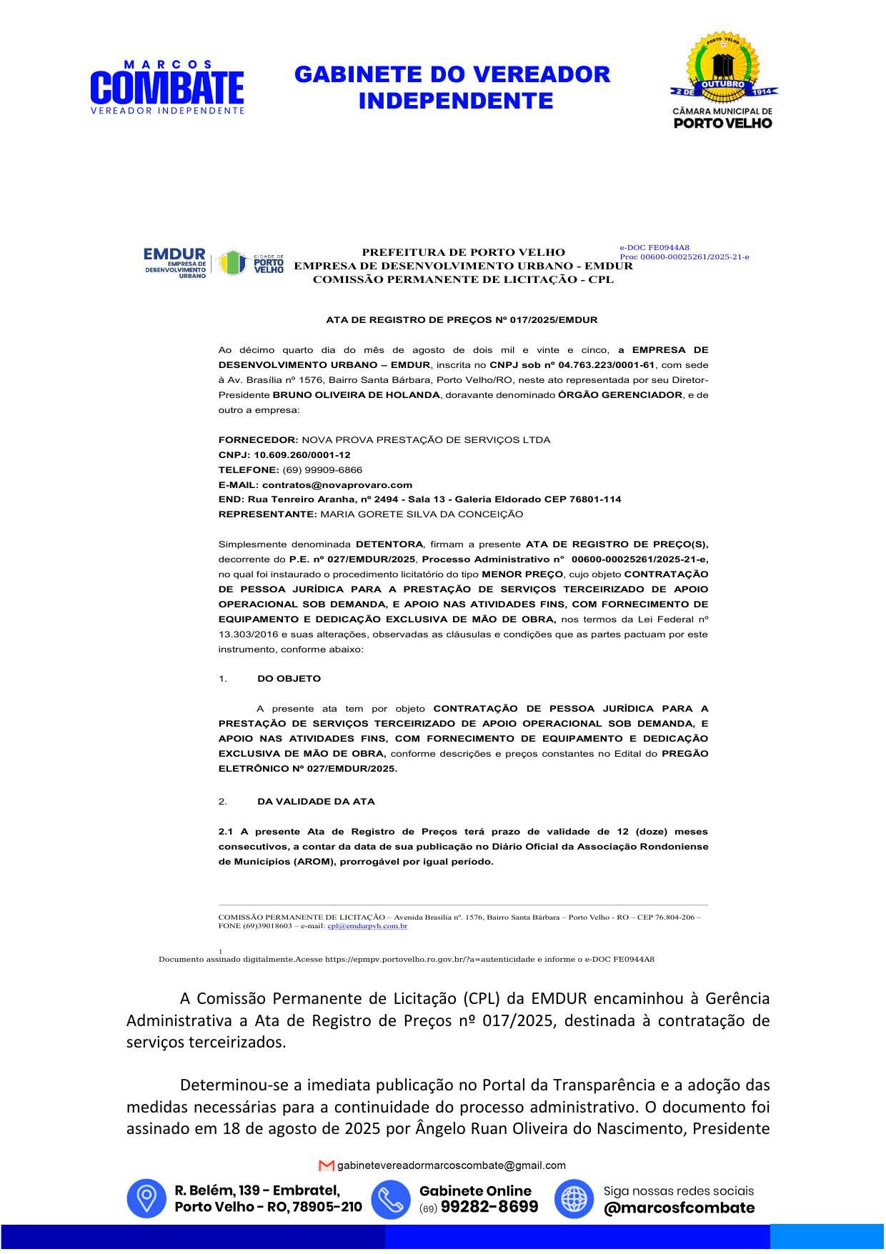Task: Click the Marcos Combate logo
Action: (167, 87)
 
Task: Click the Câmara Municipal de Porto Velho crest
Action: (723, 80)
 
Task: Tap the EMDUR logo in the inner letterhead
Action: (175, 262)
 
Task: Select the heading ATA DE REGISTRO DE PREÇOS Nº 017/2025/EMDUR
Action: (462, 320)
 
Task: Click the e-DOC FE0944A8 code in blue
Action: (654, 248)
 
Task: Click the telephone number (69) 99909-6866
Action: (322, 470)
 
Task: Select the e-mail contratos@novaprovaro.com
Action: (337, 485)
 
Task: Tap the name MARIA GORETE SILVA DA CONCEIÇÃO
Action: (422, 514)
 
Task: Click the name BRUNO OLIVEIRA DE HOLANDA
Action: (356, 395)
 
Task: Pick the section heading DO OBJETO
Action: (289, 679)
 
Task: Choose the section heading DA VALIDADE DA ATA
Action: (316, 802)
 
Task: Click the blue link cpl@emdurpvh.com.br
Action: (367, 926)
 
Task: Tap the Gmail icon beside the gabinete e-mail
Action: (327, 1165)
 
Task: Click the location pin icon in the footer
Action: (146, 1198)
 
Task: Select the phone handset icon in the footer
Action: (391, 1198)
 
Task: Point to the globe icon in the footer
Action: (574, 1198)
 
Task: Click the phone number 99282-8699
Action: (489, 1207)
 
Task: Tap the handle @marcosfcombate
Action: (679, 1208)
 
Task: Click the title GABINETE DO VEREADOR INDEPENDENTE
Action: (453, 87)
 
